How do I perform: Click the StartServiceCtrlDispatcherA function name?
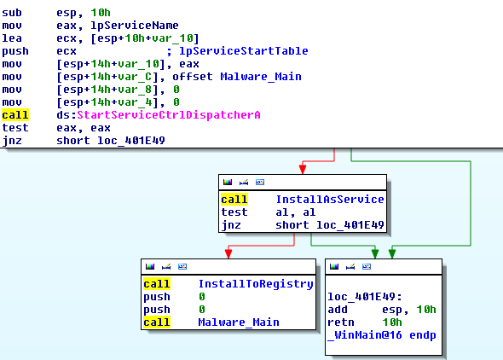coord(169,115)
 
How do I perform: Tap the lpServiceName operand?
coord(135,26)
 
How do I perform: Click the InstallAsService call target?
coord(330,200)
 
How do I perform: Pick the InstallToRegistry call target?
coord(256,284)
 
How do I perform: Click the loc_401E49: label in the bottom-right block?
coord(365,297)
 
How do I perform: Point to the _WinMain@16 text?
coord(365,335)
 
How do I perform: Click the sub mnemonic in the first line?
coord(12,13)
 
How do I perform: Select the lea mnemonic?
coord(12,38)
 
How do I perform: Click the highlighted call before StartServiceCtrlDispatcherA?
coord(15,115)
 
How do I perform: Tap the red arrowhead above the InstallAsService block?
coord(303,169)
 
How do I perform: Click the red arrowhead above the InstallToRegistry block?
coord(228,253)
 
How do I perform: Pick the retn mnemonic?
coord(341,322)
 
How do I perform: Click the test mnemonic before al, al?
coord(234,212)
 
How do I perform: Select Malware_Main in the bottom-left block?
coord(239,322)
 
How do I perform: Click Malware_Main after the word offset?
coord(261,77)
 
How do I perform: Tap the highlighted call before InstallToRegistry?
coord(157,284)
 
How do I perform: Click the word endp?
coord(423,335)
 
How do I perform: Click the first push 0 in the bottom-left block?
coord(174,297)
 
